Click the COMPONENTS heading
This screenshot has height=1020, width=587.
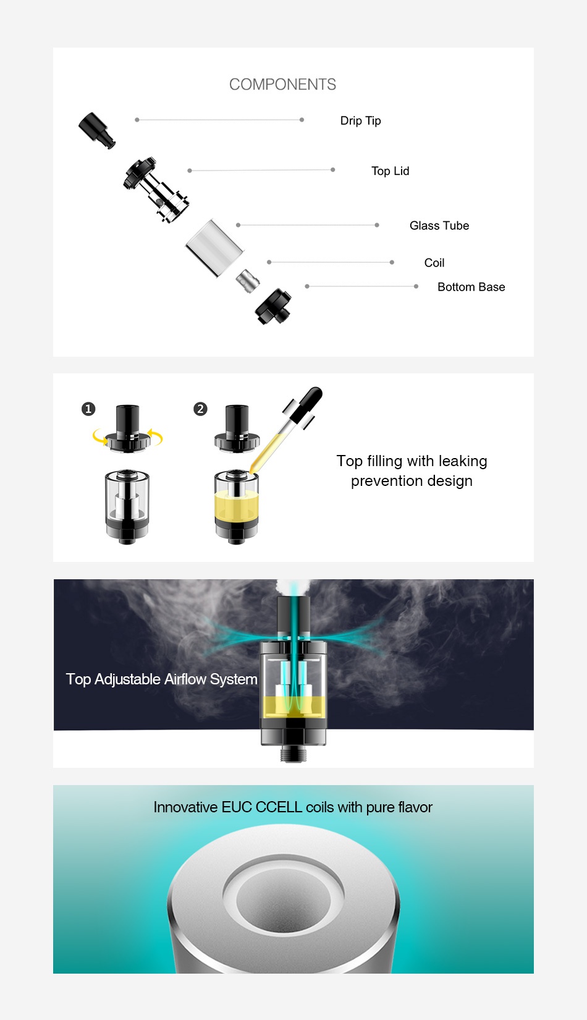282,85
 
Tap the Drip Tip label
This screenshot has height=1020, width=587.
360,121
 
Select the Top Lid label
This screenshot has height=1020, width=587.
390,171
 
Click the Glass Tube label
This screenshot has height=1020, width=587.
439,226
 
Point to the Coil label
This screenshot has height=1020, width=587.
434,263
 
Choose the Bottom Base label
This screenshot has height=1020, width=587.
471,287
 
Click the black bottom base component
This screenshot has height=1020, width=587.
273,307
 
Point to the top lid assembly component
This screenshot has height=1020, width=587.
156,189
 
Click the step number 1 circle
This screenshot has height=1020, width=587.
88,409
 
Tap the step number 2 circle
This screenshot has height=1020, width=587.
200,409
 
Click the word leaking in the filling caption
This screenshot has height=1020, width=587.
463,461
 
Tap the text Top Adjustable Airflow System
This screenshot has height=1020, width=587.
161,679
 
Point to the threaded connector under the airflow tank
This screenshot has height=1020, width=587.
293,754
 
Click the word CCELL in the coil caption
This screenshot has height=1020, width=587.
279,807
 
